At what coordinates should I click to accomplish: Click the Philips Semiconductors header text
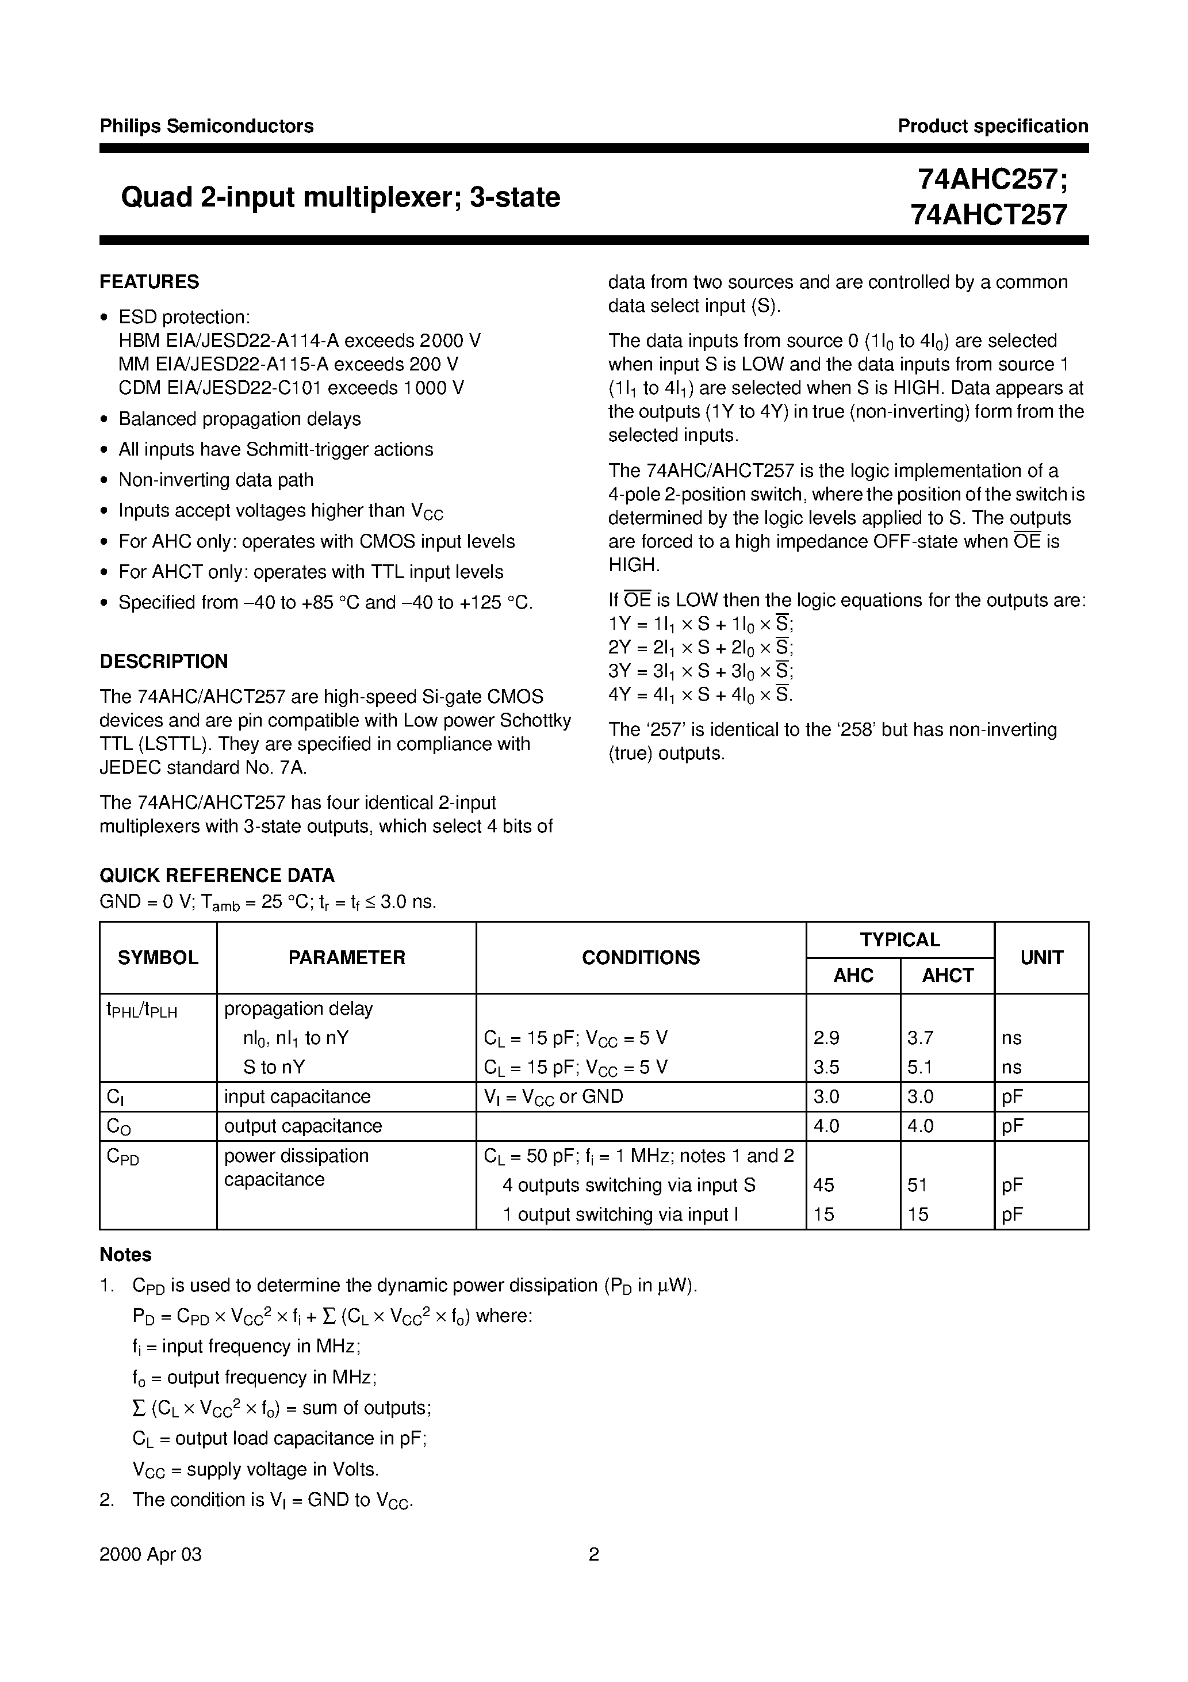[x=206, y=126]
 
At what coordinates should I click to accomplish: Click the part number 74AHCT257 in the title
[x=989, y=215]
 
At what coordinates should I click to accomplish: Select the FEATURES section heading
[x=150, y=282]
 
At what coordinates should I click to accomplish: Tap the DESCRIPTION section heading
[x=164, y=662]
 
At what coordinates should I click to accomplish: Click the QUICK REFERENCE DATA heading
[x=217, y=876]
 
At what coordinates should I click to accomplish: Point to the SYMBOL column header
[x=158, y=957]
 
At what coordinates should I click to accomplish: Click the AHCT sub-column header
[x=947, y=976]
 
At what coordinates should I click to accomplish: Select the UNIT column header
[x=1041, y=957]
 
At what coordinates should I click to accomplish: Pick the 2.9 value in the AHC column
[x=826, y=1038]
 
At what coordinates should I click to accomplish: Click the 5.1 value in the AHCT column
[x=920, y=1068]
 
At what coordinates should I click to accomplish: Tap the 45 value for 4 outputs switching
[x=824, y=1186]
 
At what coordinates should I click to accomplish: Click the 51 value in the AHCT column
[x=918, y=1186]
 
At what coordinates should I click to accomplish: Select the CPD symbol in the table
[x=122, y=1157]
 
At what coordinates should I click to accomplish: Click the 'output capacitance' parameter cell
[x=303, y=1126]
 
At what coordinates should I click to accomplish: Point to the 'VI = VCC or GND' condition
[x=554, y=1096]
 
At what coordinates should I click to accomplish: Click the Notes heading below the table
[x=125, y=1255]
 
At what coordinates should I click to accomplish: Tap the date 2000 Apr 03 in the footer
[x=150, y=1554]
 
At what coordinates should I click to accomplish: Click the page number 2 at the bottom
[x=594, y=1554]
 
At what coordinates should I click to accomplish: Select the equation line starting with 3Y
[x=701, y=671]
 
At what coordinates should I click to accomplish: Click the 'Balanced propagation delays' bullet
[x=240, y=419]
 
